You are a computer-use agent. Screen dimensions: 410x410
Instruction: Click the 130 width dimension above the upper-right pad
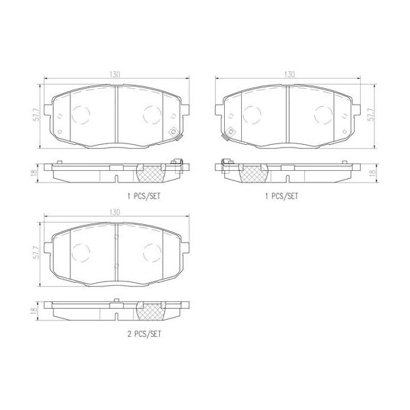pyautogui.click(x=290, y=73)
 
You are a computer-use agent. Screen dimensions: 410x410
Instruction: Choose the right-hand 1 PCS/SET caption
pyautogui.click(x=282, y=195)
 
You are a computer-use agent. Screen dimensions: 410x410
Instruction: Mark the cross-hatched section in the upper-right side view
pyautogui.click(x=254, y=174)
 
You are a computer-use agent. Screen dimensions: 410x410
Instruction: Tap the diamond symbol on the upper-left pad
pyautogui.click(x=173, y=133)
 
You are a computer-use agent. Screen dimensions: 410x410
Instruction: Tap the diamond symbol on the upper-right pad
pyautogui.click(x=231, y=133)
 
